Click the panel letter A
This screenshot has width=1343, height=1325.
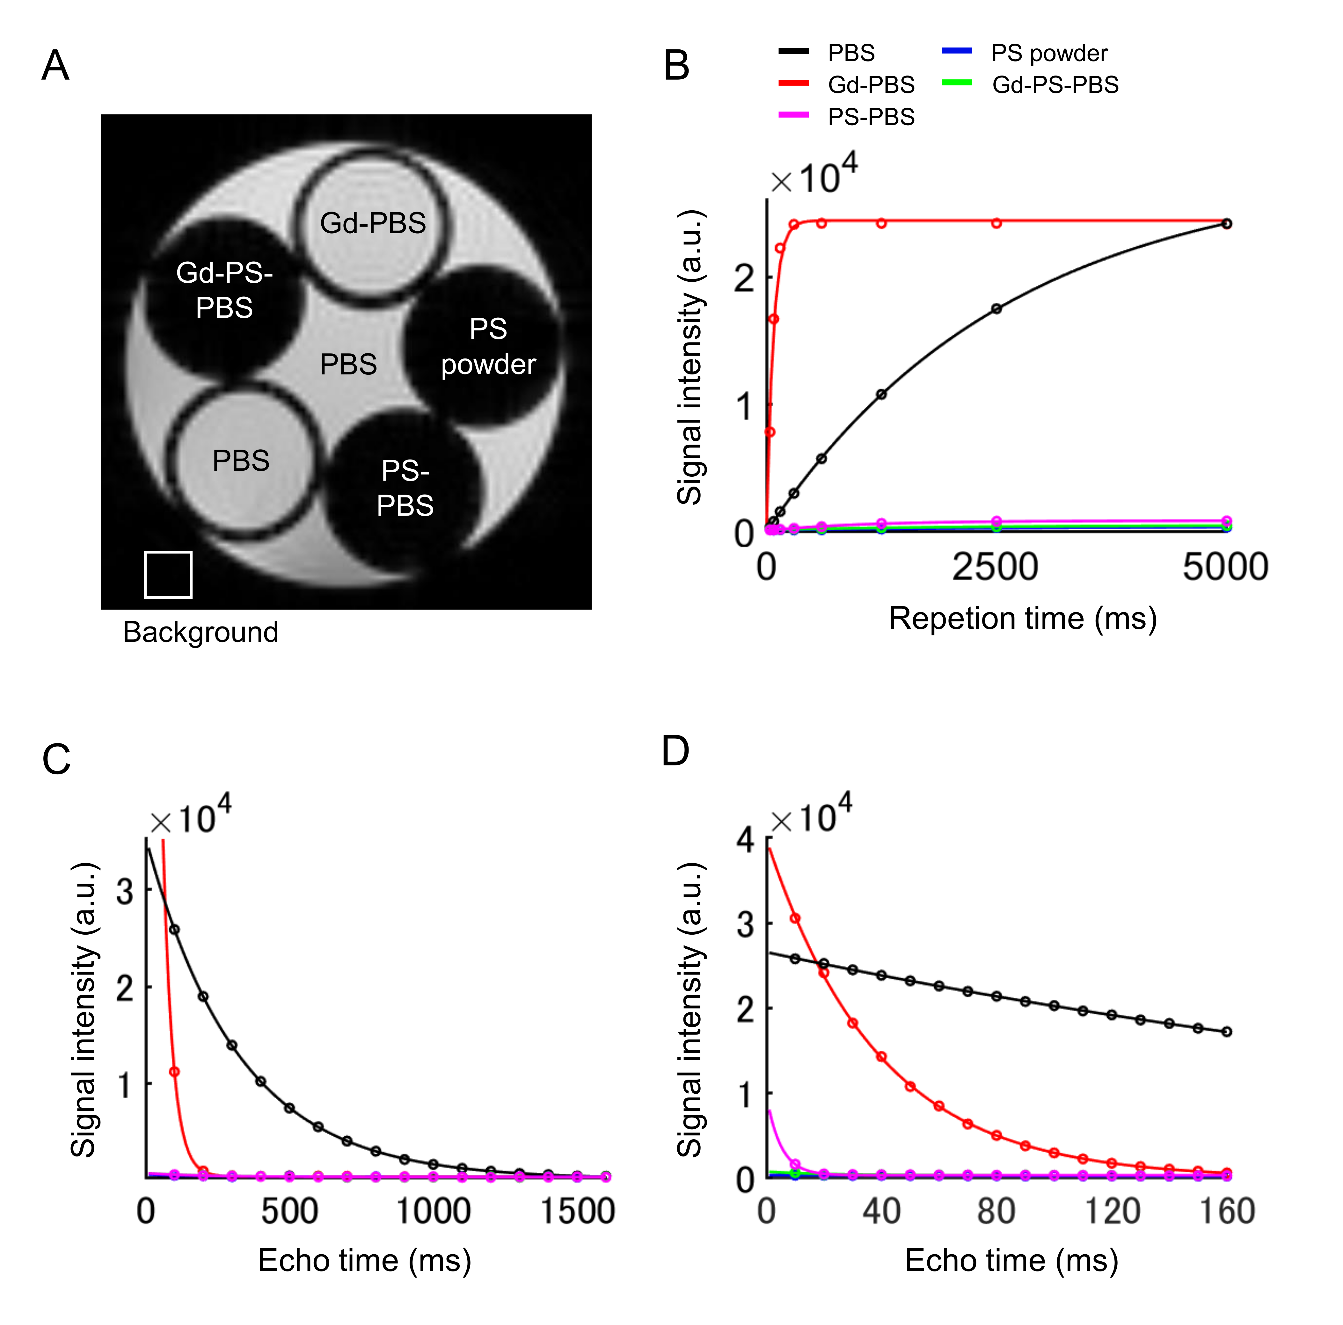pos(55,66)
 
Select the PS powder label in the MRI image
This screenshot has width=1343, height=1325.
pos(488,347)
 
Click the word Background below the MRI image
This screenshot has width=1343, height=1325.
pos(200,632)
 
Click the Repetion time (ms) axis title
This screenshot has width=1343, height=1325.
pos(1023,619)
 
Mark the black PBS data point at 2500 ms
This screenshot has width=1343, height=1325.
pos(996,308)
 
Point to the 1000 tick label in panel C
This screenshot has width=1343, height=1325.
pos(433,1211)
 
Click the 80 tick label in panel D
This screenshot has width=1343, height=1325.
pos(996,1211)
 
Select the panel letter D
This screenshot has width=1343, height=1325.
pos(675,751)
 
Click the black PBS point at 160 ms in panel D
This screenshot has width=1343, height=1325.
pos(1226,1032)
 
